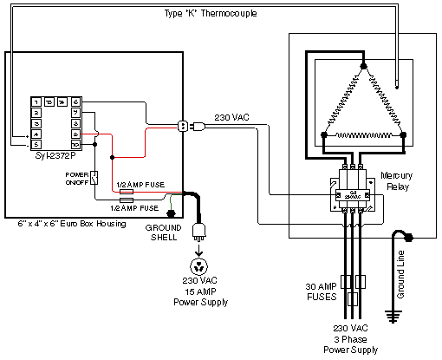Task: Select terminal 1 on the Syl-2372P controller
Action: point(36,101)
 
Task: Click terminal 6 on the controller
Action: point(76,101)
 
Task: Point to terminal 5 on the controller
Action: point(36,145)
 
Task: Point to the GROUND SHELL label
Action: point(163,230)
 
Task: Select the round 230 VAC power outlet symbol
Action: point(202,265)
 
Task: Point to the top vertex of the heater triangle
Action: point(364,66)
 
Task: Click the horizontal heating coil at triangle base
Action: point(364,135)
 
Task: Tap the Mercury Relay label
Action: point(396,180)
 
